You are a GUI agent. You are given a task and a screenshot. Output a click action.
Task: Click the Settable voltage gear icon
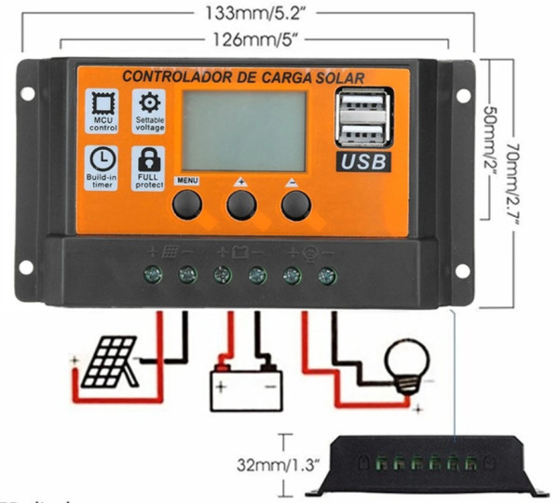pyautogui.click(x=148, y=102)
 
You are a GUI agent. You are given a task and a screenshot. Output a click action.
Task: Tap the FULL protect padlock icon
pyautogui.click(x=148, y=159)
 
